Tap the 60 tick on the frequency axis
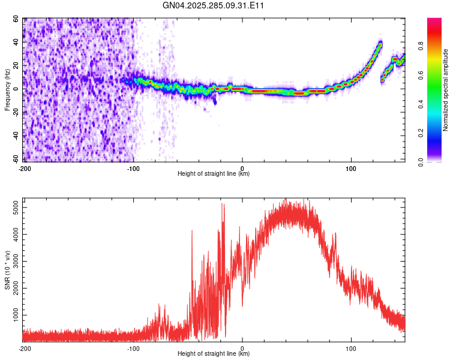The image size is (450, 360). tap(16, 19)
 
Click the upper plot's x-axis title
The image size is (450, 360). tap(214, 173)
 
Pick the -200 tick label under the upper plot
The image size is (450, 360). tap(24, 167)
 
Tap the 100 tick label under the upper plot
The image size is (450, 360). tap(351, 167)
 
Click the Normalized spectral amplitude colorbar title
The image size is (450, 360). tap(445, 90)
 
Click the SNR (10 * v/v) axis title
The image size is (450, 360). tap(7, 270)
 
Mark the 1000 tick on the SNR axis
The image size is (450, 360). tap(13, 315)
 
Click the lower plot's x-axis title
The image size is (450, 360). tap(214, 353)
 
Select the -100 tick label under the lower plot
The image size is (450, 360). tap(133, 347)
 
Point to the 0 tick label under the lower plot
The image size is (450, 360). tap(242, 347)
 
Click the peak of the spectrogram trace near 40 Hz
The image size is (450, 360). tap(380, 43)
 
